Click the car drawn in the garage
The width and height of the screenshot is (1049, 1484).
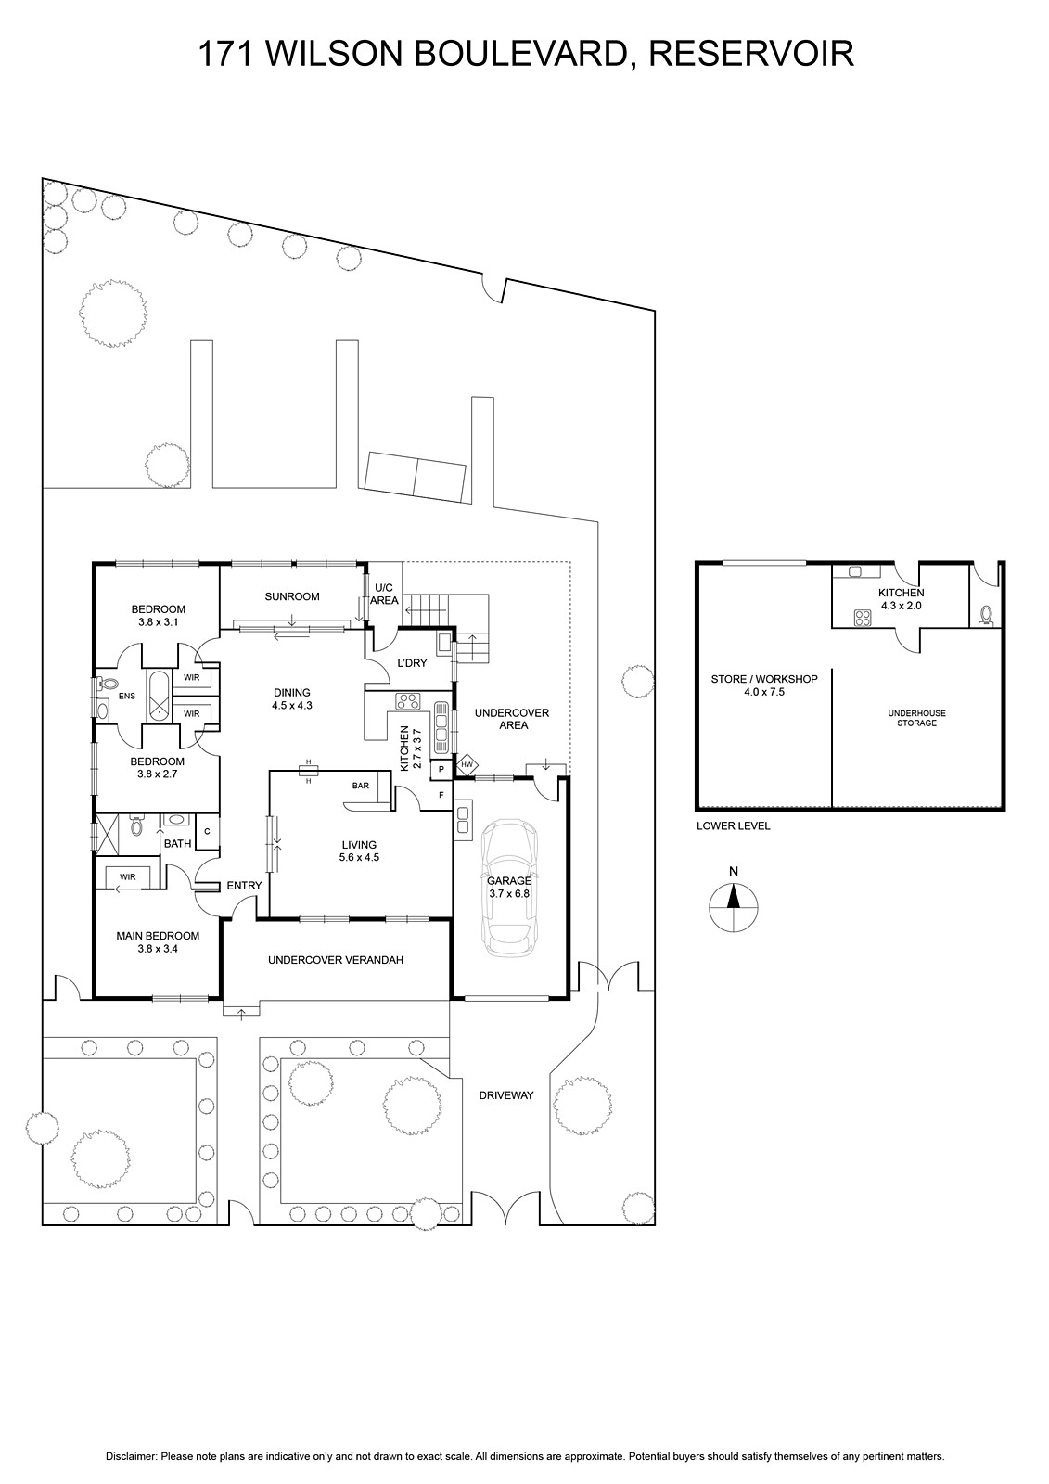(x=508, y=889)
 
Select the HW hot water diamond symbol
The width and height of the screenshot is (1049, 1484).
(x=467, y=764)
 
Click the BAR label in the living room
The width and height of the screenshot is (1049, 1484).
(x=361, y=786)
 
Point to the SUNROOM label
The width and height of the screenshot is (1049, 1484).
(x=292, y=596)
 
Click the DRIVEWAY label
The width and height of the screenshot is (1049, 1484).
(x=506, y=1095)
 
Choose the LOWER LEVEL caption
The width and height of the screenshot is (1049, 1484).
(x=734, y=826)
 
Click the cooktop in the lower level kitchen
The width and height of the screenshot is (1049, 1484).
(x=863, y=618)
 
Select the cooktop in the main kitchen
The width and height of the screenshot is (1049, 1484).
(x=407, y=700)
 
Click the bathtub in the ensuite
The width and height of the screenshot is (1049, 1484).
(x=159, y=696)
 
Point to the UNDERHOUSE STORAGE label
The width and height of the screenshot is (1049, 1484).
(x=917, y=718)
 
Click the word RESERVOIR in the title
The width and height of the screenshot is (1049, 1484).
(x=751, y=54)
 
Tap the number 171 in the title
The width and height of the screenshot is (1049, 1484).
(x=226, y=54)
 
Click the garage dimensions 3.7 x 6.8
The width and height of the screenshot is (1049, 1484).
(x=509, y=893)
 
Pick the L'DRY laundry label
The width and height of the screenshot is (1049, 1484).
(x=412, y=662)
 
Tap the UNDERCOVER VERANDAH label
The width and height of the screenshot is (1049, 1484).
(x=336, y=960)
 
